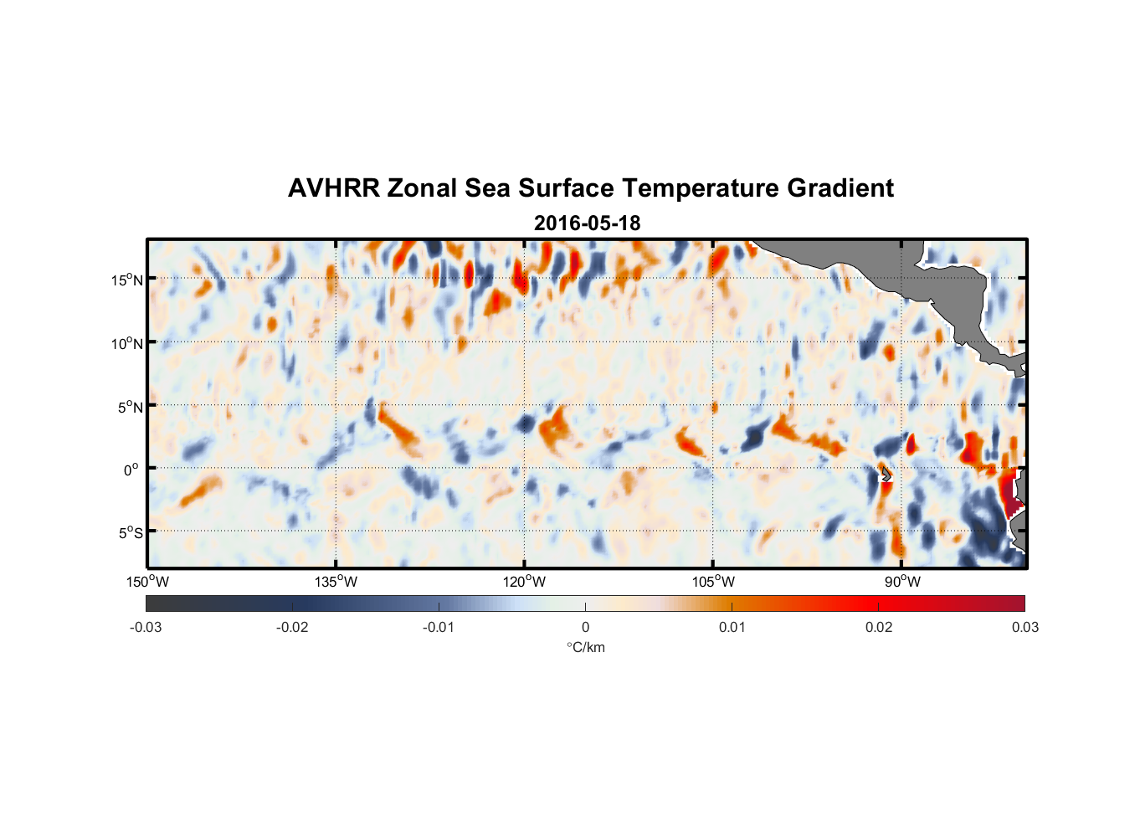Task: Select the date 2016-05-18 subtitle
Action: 587,223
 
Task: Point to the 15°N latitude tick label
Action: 127,280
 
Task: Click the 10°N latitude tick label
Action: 127,343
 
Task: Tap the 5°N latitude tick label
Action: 130,407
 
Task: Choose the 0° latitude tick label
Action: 131,470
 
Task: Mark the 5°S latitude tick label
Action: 130,533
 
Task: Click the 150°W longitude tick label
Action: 147,582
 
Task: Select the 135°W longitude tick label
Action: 336,582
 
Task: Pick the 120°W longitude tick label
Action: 524,582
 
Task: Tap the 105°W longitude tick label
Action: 713,582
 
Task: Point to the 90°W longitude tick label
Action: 901,582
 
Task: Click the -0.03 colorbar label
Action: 146,628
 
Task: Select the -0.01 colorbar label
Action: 439,628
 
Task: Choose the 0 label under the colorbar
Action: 585,628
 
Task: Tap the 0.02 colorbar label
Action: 879,628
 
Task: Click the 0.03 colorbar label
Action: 1025,628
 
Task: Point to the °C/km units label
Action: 586,647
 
